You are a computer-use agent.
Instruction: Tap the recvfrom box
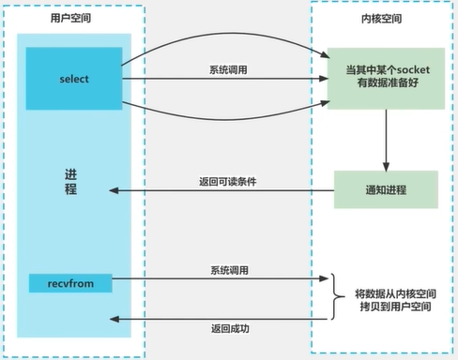pos(67,281)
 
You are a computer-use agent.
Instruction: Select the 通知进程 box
pos(387,189)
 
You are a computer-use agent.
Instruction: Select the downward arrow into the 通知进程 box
pos(386,145)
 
